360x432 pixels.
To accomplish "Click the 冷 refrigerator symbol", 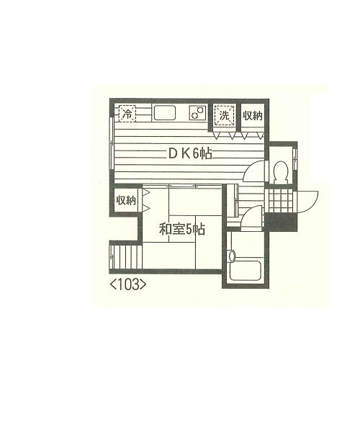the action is (x=127, y=113).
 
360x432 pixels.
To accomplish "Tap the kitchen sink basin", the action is (x=165, y=113).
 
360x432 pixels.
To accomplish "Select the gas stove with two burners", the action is (x=197, y=113).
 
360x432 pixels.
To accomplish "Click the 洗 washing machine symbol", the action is (x=225, y=115).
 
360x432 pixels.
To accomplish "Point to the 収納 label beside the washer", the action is (x=253, y=116).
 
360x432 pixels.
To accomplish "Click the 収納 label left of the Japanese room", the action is (x=126, y=200).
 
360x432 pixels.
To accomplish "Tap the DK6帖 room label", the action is (x=190, y=154).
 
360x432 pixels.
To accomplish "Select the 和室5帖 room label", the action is (x=182, y=229).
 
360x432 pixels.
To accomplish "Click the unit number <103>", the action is (x=128, y=285).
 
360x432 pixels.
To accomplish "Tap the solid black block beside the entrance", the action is (x=280, y=222).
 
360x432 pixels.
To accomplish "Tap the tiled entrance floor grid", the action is (x=280, y=200).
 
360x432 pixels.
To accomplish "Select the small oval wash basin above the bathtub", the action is (x=232, y=256).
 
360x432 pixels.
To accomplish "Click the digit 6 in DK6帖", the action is (x=195, y=154).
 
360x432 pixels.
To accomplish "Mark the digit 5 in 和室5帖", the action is (x=189, y=230).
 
